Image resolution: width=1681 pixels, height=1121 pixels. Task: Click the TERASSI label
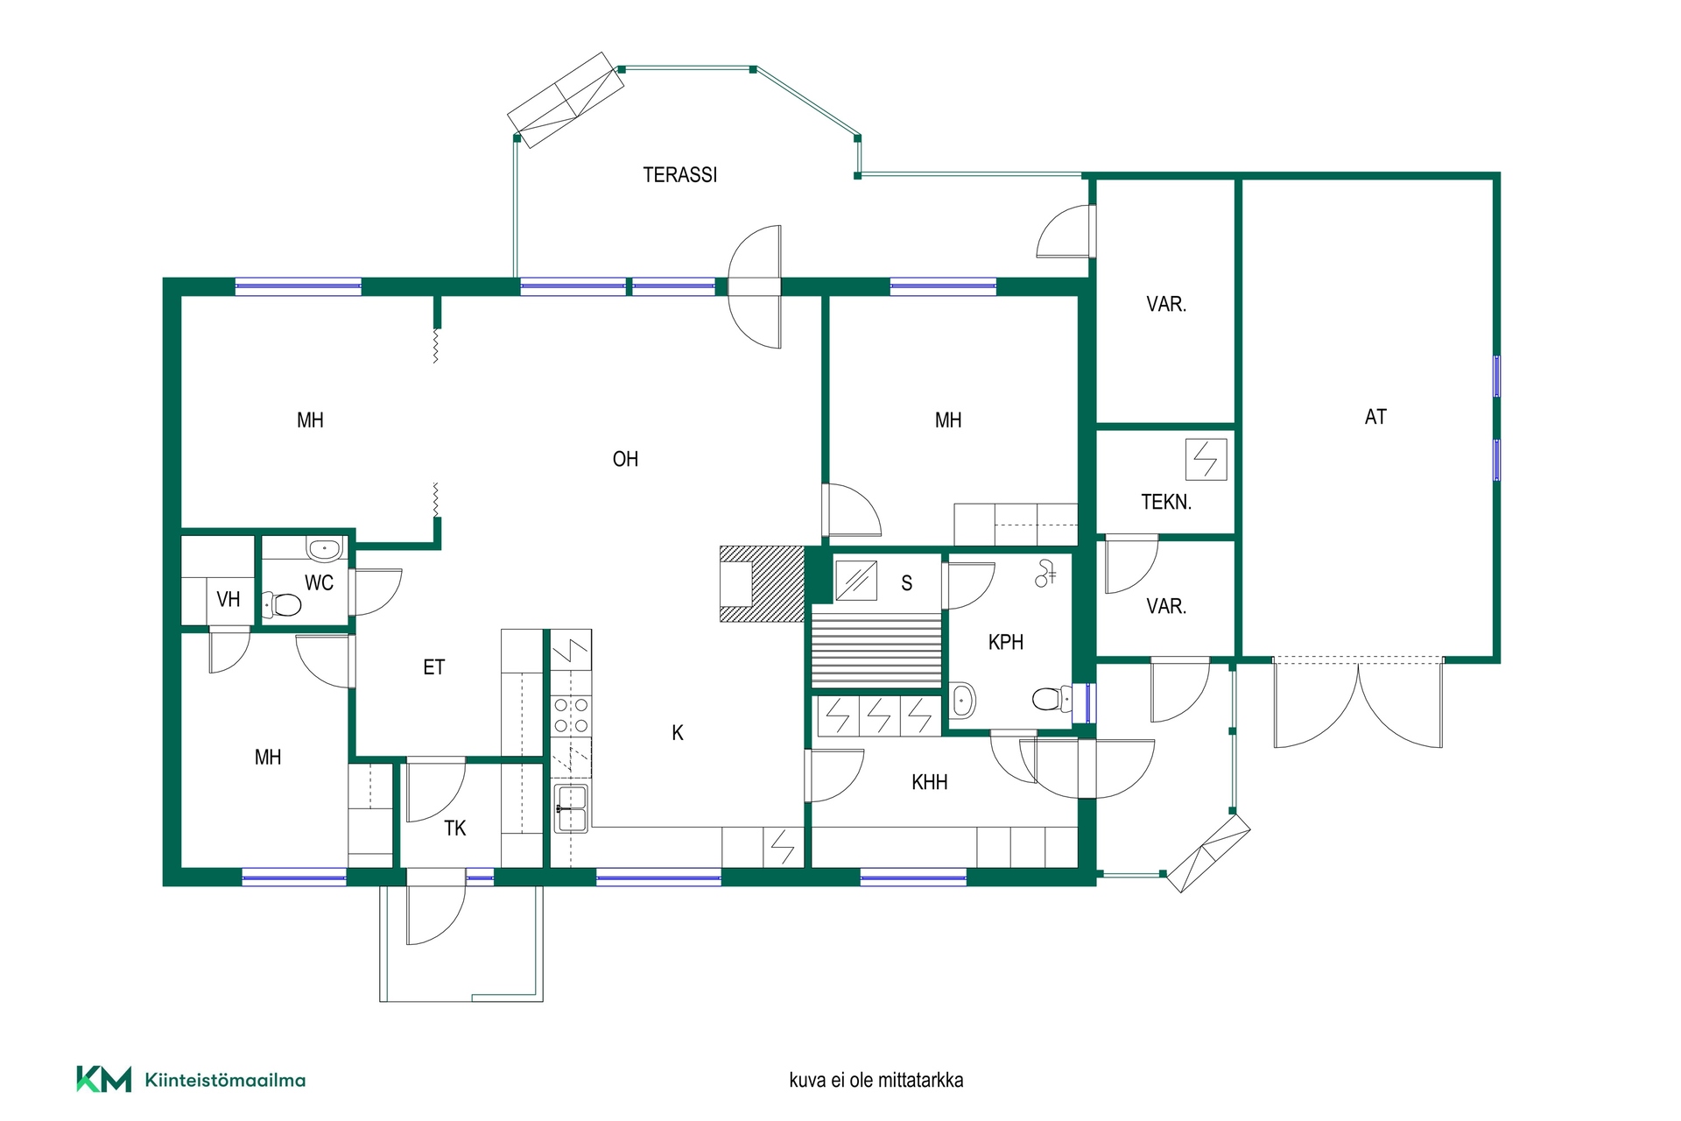[679, 175]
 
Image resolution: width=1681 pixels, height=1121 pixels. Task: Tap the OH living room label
[625, 459]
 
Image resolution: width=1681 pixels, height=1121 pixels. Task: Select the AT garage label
[1375, 417]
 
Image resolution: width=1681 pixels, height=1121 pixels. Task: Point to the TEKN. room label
[1166, 502]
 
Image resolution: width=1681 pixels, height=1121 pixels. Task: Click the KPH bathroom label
[1005, 642]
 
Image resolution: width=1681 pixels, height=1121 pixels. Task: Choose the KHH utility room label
[929, 782]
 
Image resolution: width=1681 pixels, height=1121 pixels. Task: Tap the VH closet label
[228, 599]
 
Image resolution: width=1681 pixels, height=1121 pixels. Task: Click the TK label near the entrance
[454, 828]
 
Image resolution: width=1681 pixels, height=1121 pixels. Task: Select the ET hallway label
[433, 667]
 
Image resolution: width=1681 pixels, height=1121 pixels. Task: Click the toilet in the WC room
[282, 604]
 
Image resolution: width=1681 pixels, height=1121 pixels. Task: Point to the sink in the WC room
[324, 549]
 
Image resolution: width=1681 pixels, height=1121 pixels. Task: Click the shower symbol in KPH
[1045, 574]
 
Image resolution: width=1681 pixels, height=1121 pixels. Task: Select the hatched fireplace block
[762, 583]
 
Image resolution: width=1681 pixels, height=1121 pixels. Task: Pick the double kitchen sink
[571, 808]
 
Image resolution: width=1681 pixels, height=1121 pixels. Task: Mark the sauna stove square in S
[856, 580]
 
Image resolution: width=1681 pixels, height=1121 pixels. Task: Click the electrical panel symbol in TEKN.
[1206, 459]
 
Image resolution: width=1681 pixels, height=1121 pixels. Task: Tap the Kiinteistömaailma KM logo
[191, 1080]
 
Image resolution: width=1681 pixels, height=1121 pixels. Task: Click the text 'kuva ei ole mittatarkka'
[876, 1080]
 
